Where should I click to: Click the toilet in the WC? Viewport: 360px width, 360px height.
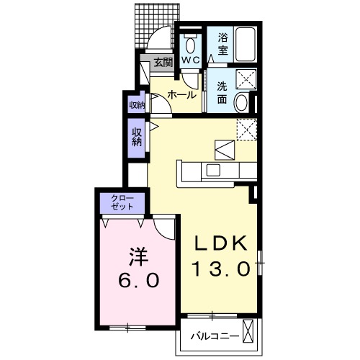point(190,40)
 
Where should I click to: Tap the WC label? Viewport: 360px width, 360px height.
point(190,60)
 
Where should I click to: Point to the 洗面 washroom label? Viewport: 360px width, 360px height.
point(222,94)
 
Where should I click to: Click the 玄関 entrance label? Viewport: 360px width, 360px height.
point(163,63)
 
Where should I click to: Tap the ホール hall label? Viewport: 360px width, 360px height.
point(182,94)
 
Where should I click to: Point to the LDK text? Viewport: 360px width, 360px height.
point(220,242)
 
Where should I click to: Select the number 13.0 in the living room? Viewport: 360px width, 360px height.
point(220,269)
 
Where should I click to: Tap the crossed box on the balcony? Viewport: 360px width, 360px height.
point(250,333)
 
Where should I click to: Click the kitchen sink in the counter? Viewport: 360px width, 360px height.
point(214,170)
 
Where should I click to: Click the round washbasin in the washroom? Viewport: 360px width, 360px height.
point(243,102)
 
